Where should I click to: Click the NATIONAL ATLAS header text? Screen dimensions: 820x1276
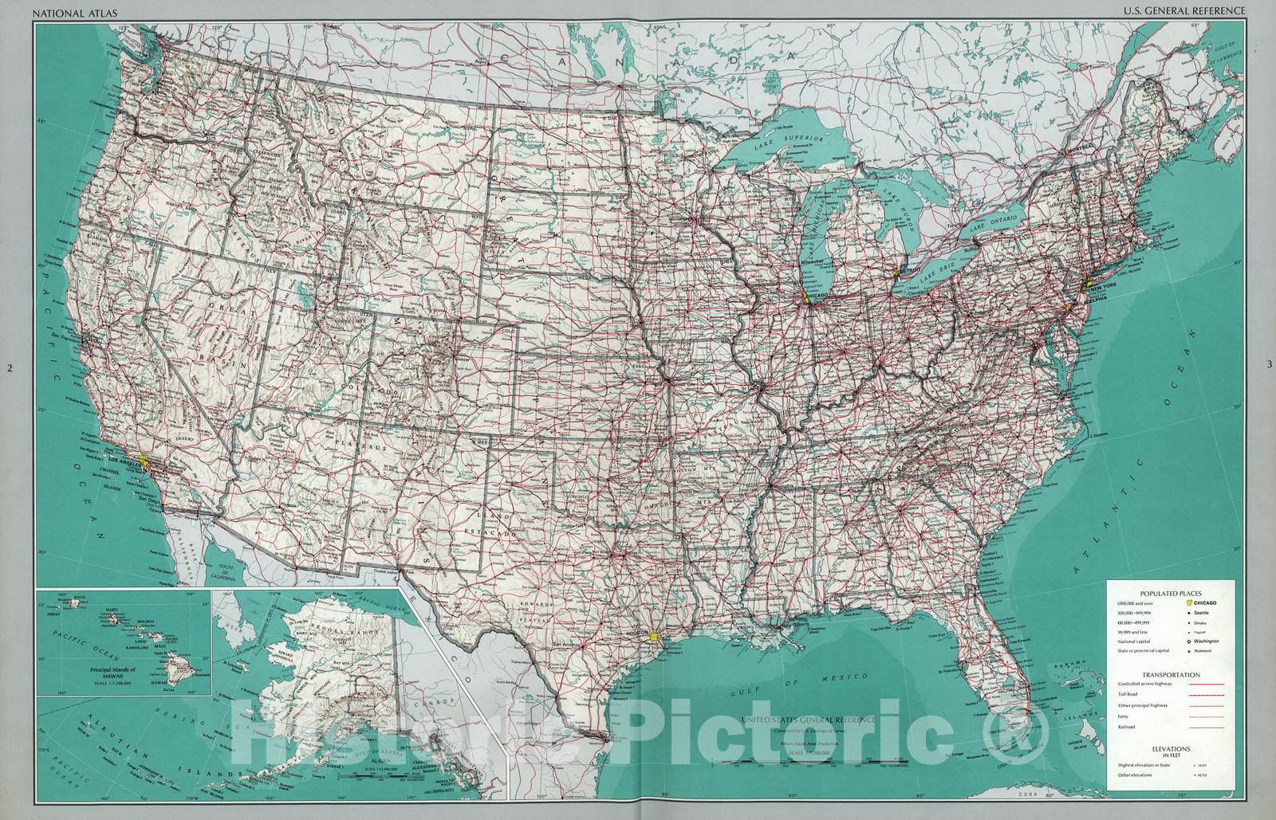61,10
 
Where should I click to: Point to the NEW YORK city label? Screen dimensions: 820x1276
1101,284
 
